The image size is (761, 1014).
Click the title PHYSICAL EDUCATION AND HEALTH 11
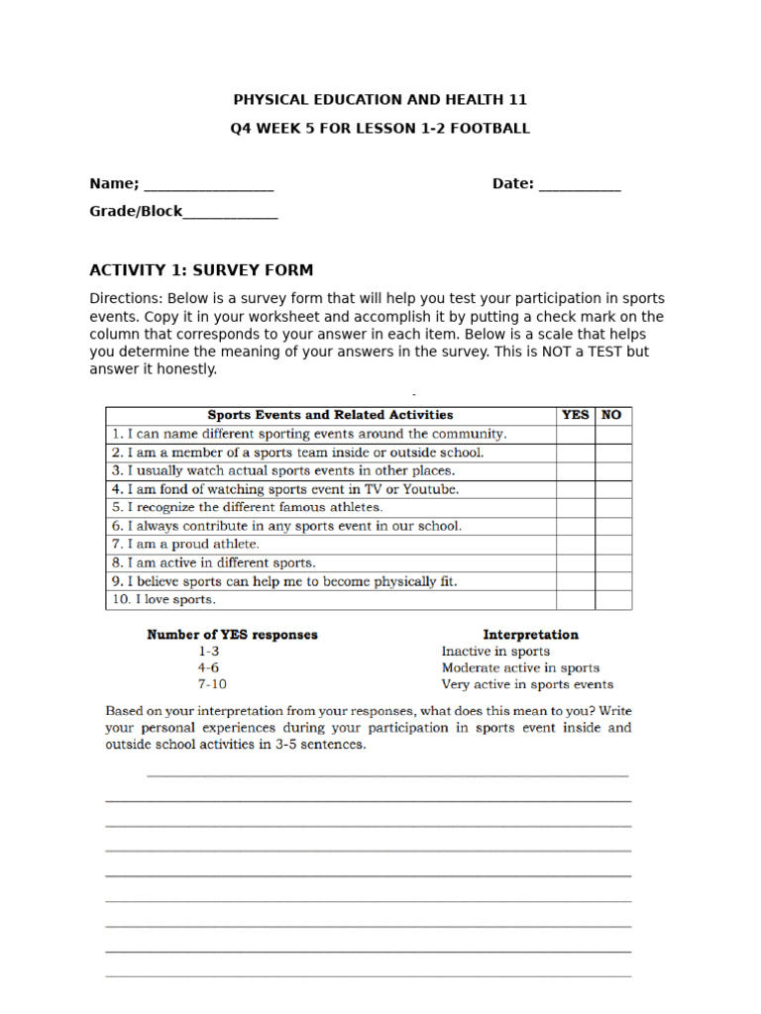pyautogui.click(x=380, y=100)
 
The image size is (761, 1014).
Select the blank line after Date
pyautogui.click(x=580, y=185)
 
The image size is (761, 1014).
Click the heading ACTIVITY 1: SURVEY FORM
pyautogui.click(x=201, y=270)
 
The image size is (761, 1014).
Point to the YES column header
pyautogui.click(x=575, y=416)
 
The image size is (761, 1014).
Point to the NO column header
pyautogui.click(x=612, y=416)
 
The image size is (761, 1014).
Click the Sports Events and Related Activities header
pyautogui.click(x=330, y=416)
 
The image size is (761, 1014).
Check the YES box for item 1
pyautogui.click(x=575, y=434)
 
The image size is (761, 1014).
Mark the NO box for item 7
pyautogui.click(x=612, y=545)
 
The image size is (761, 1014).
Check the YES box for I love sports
pyautogui.click(x=575, y=600)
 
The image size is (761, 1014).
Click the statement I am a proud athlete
pyautogui.click(x=185, y=545)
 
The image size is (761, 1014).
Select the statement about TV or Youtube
pyautogui.click(x=285, y=489)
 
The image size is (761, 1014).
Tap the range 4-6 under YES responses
pyautogui.click(x=209, y=668)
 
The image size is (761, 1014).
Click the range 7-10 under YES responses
pyautogui.click(x=212, y=684)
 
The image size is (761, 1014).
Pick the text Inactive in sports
pyautogui.click(x=495, y=652)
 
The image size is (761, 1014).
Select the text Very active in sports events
pyautogui.click(x=527, y=684)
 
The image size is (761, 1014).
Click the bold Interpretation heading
pyautogui.click(x=530, y=635)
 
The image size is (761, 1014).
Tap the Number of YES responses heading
pyautogui.click(x=232, y=635)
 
